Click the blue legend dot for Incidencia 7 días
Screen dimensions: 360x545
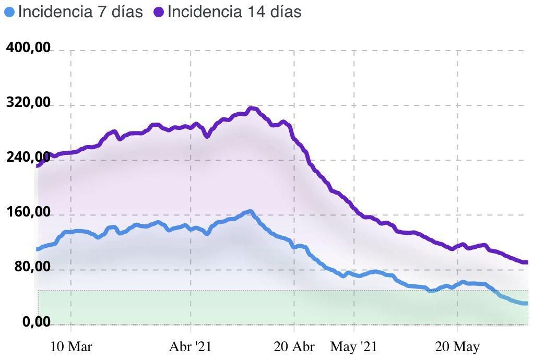pyautogui.click(x=9, y=12)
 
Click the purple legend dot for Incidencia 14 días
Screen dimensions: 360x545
pyautogui.click(x=159, y=12)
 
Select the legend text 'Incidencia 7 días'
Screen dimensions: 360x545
pyautogui.click(x=80, y=12)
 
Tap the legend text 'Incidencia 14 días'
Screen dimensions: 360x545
pyautogui.click(x=234, y=12)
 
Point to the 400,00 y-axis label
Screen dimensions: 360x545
pyautogui.click(x=28, y=48)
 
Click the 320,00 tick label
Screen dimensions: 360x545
pyautogui.click(x=28, y=103)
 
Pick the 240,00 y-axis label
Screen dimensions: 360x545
pyautogui.click(x=28, y=158)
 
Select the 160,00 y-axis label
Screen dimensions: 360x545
pyautogui.click(x=28, y=212)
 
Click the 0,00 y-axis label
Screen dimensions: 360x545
pyautogui.click(x=37, y=322)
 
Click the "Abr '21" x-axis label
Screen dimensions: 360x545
pyautogui.click(x=190, y=346)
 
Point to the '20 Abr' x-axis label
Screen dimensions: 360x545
pyautogui.click(x=294, y=346)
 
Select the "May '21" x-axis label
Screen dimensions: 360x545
pyautogui.click(x=353, y=346)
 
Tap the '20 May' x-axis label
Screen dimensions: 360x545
pyautogui.click(x=457, y=346)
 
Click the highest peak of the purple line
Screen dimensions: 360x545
pyautogui.click(x=252, y=109)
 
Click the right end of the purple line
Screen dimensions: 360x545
pyautogui.click(x=527, y=262)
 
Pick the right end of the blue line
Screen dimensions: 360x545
pyautogui.click(x=527, y=304)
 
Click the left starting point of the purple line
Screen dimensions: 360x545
pyautogui.click(x=38, y=165)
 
